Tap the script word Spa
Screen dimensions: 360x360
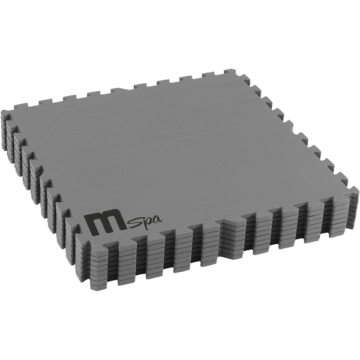(x=145, y=222)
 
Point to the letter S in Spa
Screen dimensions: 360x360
(x=133, y=224)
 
